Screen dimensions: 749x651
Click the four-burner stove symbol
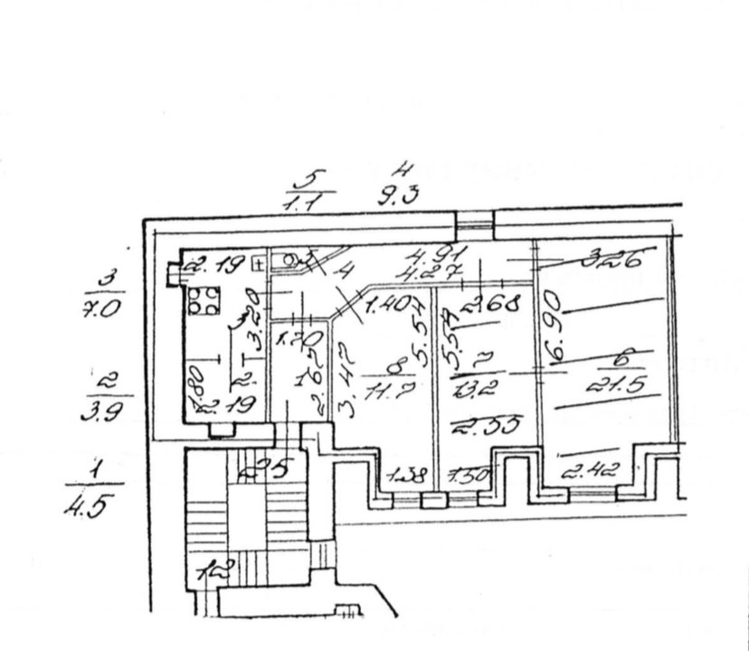pos(204,299)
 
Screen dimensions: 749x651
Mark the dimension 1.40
pos(385,306)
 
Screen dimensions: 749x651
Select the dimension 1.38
pos(405,475)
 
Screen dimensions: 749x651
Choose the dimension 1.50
pos(468,475)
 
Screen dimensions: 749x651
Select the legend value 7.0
pos(101,318)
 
